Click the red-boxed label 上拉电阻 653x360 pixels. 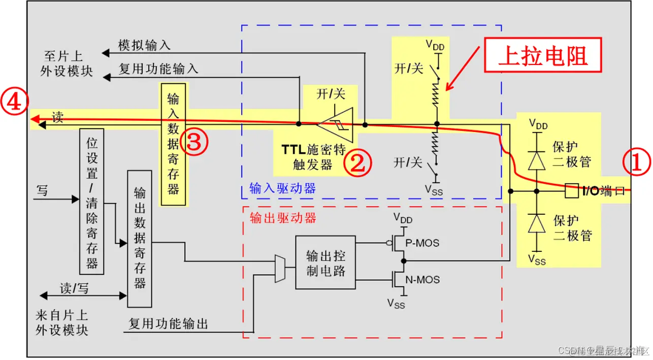click(543, 55)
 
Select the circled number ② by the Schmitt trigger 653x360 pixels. click(358, 163)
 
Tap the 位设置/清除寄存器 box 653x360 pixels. click(92, 201)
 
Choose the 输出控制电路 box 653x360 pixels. click(325, 263)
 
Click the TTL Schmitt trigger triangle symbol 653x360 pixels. click(336, 123)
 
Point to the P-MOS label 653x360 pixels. click(422, 243)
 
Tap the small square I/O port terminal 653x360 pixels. click(571, 191)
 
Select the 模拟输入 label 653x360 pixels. click(144, 45)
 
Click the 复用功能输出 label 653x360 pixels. click(168, 323)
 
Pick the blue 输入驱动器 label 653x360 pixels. click(282, 189)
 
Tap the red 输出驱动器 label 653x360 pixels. click(282, 218)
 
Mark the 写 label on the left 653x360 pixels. click(42, 191)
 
